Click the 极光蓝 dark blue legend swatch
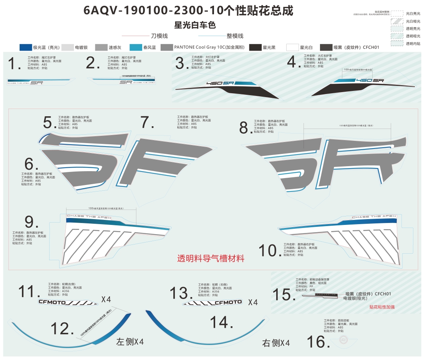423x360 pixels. point(26,47)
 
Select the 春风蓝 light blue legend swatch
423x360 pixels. point(136,47)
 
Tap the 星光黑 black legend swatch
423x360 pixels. point(255,47)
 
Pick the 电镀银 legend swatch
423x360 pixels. point(68,47)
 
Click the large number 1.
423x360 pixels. point(14,64)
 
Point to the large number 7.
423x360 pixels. point(147,122)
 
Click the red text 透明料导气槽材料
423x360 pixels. point(211,259)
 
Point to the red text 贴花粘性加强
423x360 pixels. point(382,307)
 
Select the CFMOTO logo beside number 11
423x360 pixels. point(68,302)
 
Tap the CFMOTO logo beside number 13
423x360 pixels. point(213,302)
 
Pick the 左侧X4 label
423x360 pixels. point(130,342)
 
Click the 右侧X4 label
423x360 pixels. point(276,343)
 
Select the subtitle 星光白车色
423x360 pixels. point(195,25)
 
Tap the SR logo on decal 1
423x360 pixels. point(36,83)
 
